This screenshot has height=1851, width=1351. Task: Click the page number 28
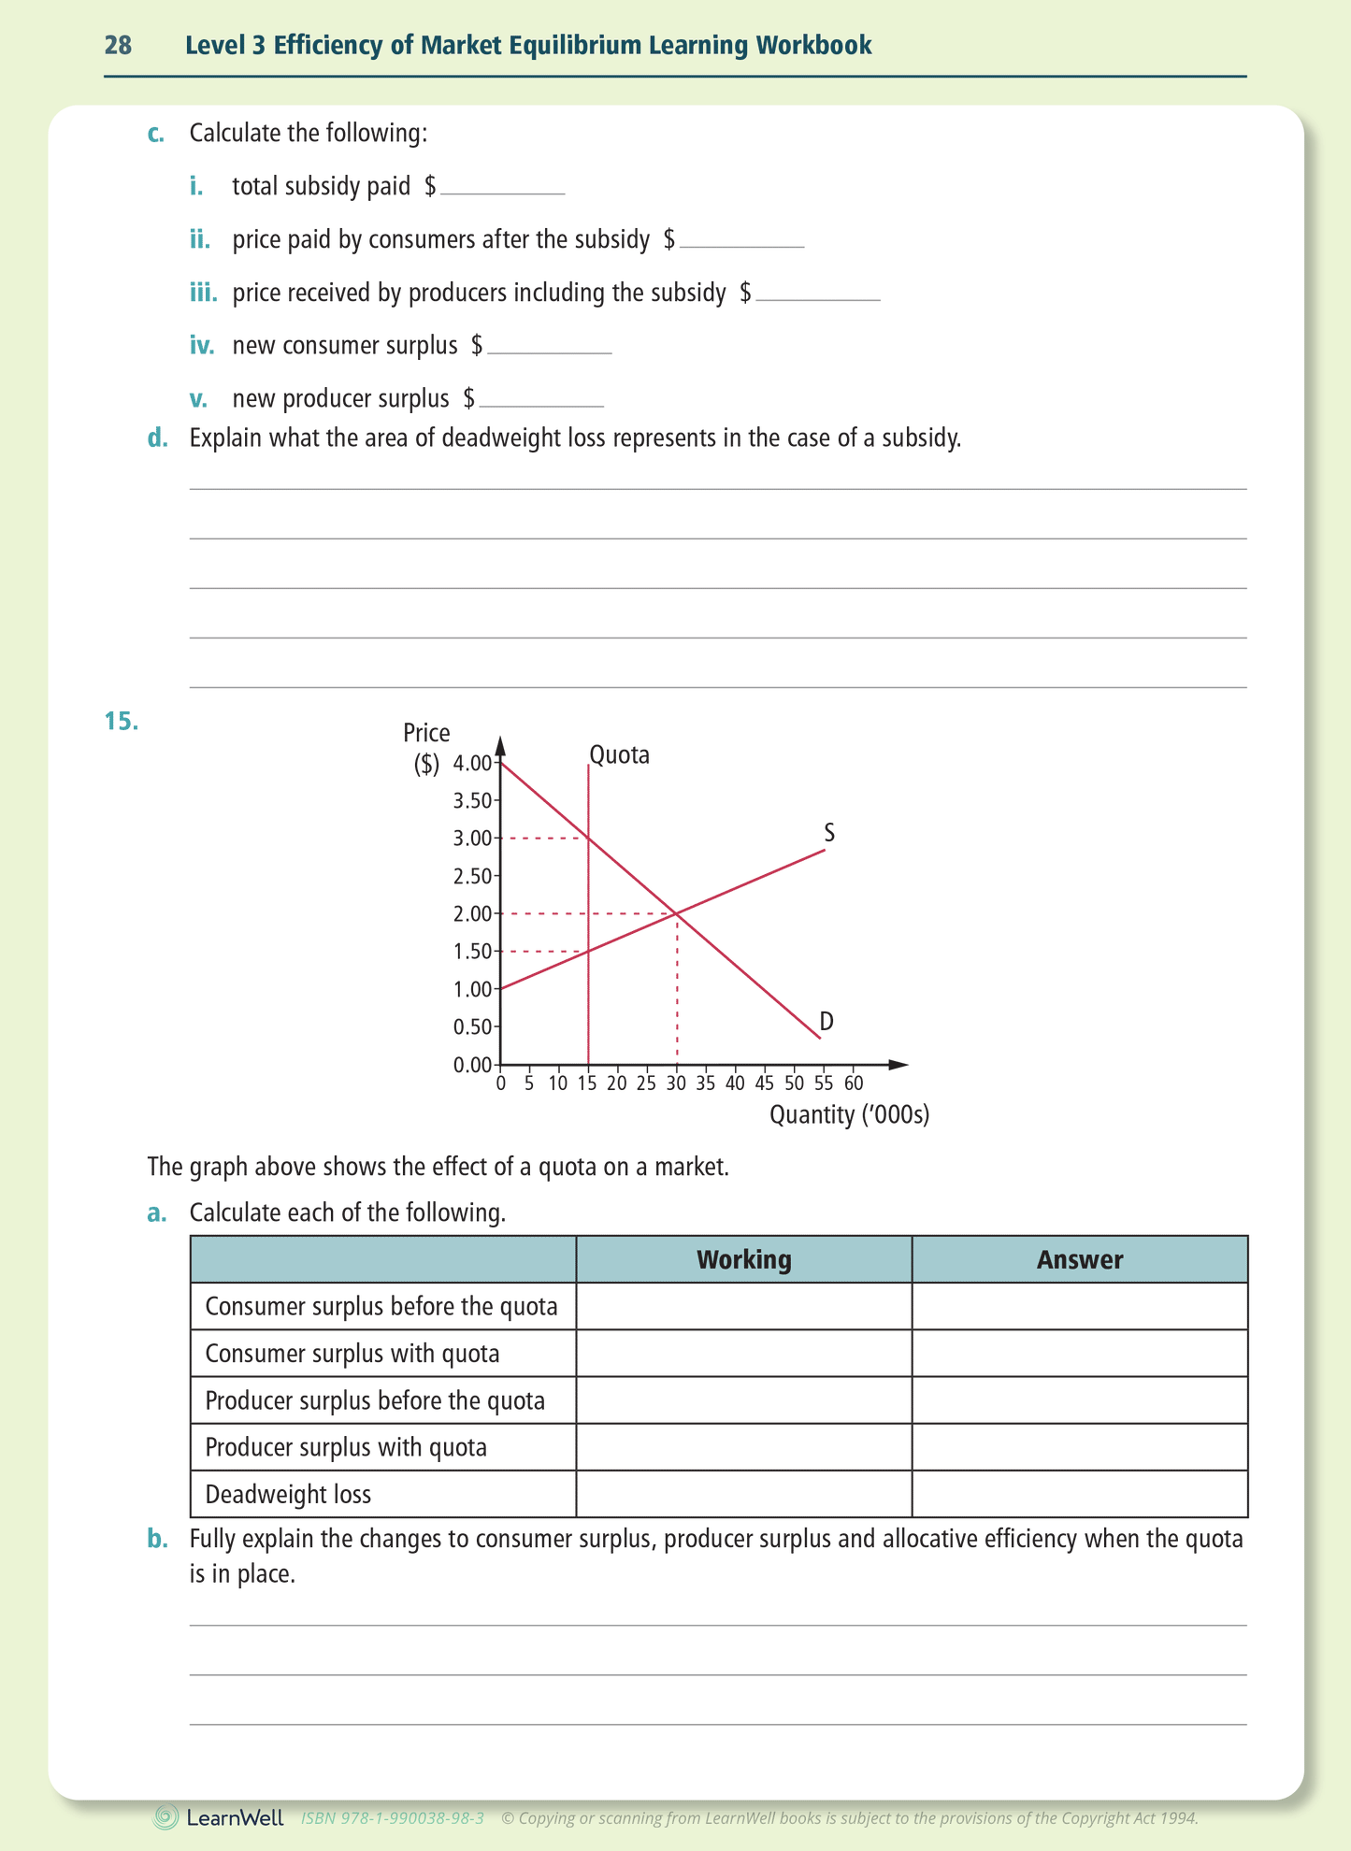tap(118, 45)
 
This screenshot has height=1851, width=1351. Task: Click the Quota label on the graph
tap(619, 754)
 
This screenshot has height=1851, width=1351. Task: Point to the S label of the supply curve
tap(829, 832)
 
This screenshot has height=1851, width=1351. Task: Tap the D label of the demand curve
tap(826, 1021)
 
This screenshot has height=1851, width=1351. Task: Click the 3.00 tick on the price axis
tap(472, 839)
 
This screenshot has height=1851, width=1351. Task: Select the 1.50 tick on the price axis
tap(472, 952)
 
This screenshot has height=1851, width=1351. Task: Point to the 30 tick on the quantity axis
tap(676, 1083)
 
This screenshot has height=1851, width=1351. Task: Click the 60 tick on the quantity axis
tap(853, 1083)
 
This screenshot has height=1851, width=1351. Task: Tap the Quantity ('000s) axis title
tap(849, 1114)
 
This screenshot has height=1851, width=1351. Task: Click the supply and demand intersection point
tap(676, 913)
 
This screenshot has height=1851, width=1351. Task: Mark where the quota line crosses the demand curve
tap(588, 838)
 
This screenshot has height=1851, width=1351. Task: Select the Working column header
tap(743, 1259)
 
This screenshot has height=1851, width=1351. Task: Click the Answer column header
tap(1079, 1259)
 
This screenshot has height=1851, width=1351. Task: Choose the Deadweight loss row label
tap(288, 1494)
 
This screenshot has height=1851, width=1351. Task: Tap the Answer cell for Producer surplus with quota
tap(1079, 1447)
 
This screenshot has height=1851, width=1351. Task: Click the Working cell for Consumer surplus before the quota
tap(743, 1306)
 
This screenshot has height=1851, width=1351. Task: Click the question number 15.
tap(121, 721)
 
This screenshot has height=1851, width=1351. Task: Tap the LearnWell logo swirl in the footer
tap(166, 1817)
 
